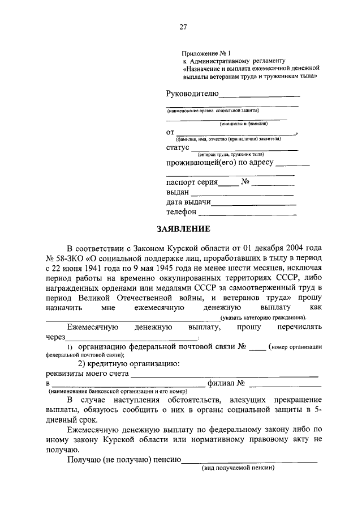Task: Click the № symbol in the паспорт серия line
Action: pyautogui.click(x=245, y=183)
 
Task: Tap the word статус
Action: pyautogui.click(x=178, y=148)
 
